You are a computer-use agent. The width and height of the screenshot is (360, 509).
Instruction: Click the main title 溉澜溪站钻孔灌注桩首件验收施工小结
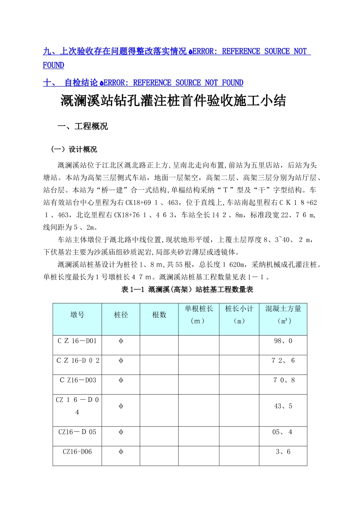173,101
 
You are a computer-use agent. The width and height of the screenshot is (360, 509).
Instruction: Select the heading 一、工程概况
83,126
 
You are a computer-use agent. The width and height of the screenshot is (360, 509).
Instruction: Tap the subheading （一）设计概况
74,149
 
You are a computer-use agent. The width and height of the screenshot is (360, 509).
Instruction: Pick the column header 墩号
77,315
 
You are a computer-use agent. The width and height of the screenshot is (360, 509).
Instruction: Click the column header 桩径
121,315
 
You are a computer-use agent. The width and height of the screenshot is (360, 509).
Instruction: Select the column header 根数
159,315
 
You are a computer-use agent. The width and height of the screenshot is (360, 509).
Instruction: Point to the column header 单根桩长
199,309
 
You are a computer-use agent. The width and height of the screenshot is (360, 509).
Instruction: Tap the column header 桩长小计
239,309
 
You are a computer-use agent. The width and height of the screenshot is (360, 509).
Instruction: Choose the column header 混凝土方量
283,309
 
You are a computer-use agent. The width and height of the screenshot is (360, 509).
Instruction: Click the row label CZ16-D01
77,341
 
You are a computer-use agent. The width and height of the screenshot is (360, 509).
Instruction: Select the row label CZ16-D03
78,380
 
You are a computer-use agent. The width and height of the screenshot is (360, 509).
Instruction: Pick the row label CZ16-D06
77,452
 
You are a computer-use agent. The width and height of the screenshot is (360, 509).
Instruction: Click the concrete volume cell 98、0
283,341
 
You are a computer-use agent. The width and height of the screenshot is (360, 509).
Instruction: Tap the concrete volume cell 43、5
283,406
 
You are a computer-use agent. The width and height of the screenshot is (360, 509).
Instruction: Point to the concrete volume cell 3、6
283,452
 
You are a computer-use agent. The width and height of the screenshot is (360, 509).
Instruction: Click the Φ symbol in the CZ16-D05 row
121,432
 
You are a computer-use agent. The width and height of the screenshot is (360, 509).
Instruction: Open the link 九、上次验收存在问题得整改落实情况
114,52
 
